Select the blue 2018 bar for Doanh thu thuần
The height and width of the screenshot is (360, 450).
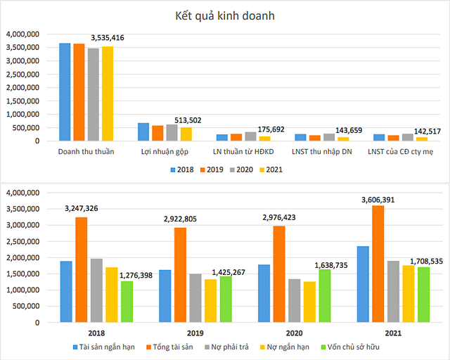65,92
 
